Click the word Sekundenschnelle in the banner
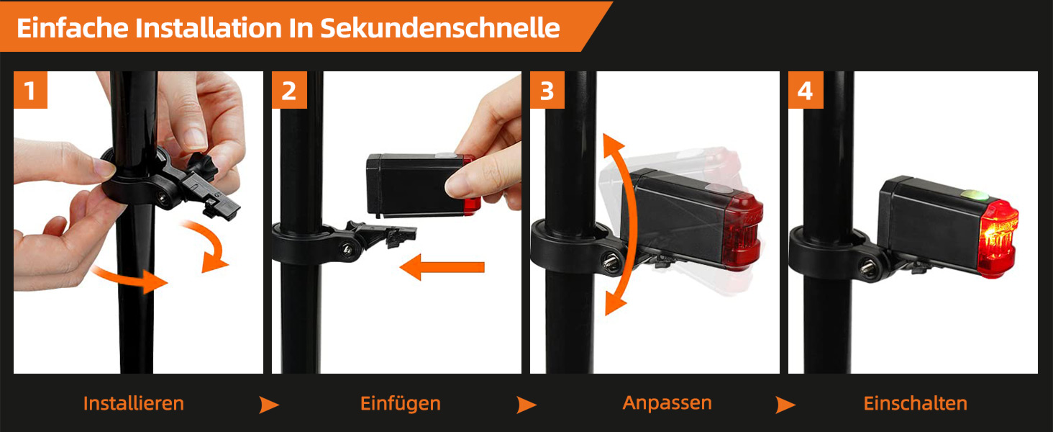coord(440,28)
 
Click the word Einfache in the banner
coord(73,28)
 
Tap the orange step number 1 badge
coord(30,90)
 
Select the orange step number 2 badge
coord(289,90)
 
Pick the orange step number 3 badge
coord(547,90)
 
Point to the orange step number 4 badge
coord(806,90)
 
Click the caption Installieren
coord(134,403)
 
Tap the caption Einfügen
coord(401,404)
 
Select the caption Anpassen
coord(667,403)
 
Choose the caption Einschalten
coord(916,403)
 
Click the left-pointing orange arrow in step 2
coord(442,267)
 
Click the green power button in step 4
coord(975,195)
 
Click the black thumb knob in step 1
coord(202,165)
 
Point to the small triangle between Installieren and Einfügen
coord(269,405)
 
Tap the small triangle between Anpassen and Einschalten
coord(785,405)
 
